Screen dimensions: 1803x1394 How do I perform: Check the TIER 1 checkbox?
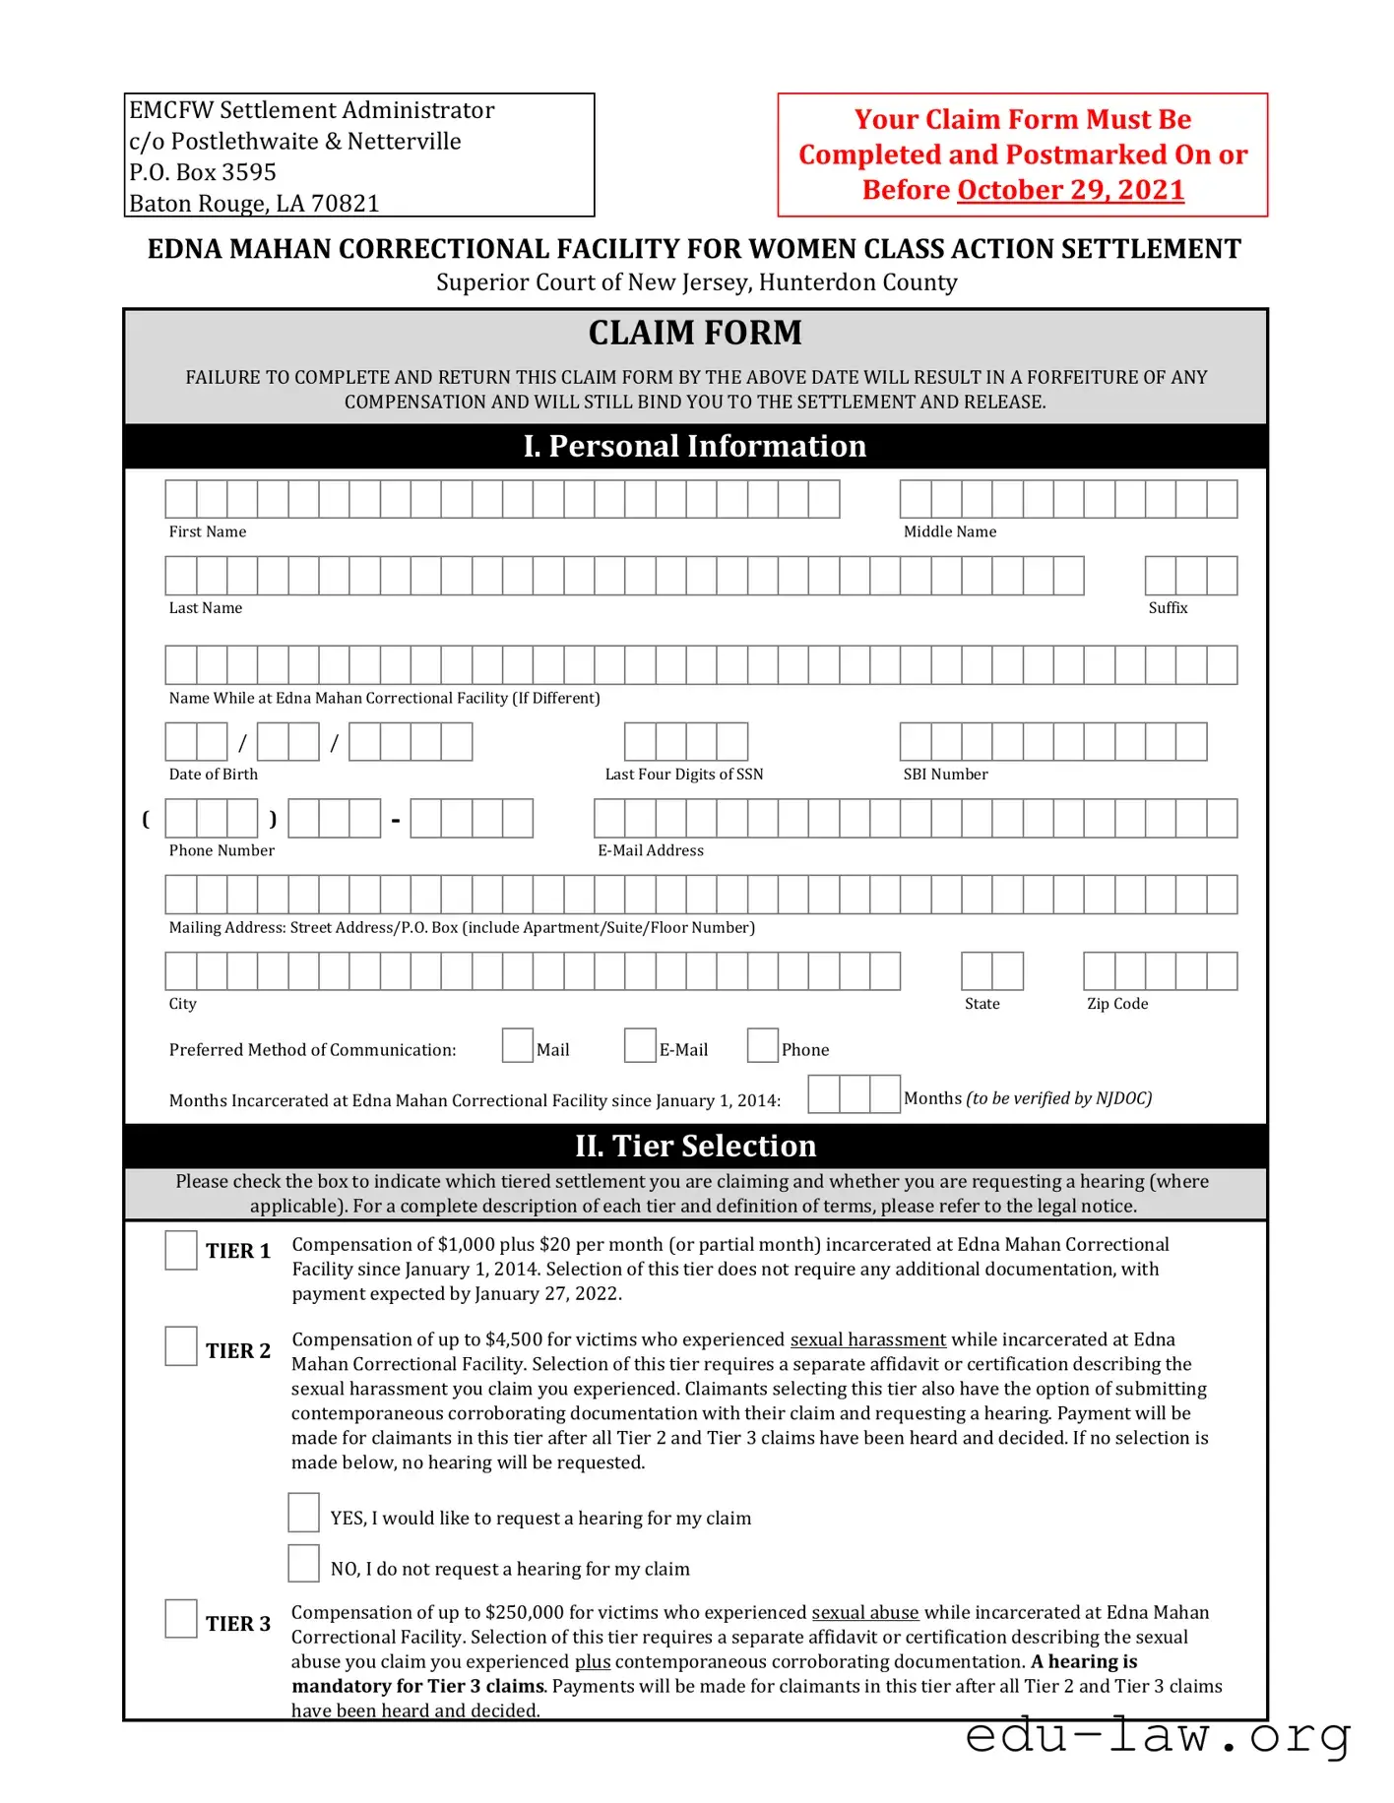(181, 1250)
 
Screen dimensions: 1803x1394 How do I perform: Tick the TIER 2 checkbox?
(181, 1345)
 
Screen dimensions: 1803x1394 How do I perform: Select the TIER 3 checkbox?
(181, 1618)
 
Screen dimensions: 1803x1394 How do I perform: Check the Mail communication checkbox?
(517, 1045)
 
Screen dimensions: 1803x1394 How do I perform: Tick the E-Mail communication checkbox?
(640, 1045)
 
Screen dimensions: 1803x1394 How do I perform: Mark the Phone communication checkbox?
(762, 1045)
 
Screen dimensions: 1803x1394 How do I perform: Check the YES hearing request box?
(303, 1513)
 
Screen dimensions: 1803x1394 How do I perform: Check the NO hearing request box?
(303, 1564)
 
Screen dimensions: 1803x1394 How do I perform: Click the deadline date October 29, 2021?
(1070, 189)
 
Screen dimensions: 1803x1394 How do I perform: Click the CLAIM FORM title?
(695, 333)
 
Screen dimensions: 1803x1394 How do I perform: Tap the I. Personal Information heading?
(695, 446)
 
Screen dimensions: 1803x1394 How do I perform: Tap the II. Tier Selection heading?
(695, 1146)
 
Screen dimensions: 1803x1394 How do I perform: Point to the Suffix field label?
(1168, 608)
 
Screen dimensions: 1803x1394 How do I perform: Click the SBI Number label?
(945, 775)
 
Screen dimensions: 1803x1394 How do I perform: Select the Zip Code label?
(1117, 1004)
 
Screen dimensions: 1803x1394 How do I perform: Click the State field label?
(982, 1004)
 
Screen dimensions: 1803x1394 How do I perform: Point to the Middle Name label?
(950, 531)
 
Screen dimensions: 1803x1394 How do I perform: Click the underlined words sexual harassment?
(867, 1339)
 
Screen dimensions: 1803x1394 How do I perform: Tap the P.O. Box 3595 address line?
(203, 172)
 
